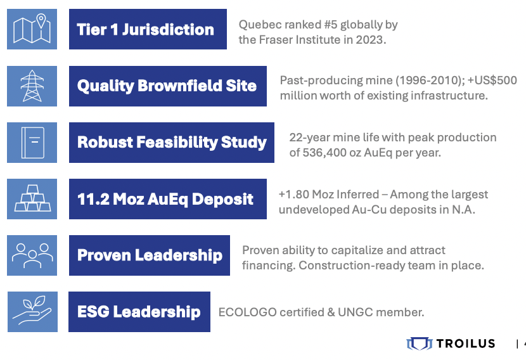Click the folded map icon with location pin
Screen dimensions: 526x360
(32, 29)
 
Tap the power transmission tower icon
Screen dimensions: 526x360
(32, 86)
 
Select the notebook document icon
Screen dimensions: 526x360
(33, 143)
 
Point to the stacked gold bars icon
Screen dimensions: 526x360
(32, 198)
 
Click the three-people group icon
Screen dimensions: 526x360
(32, 255)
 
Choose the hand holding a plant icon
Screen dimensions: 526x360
(32, 311)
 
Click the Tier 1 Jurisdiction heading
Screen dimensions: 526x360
(145, 30)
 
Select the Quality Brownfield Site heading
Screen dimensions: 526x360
(167, 86)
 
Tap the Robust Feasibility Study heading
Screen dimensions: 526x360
(172, 142)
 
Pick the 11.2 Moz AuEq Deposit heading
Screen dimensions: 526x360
(165, 199)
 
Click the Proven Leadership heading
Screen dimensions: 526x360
(150, 255)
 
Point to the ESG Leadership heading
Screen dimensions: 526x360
(139, 312)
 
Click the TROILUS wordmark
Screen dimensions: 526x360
(466, 344)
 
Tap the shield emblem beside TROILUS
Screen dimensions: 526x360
(420, 344)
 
